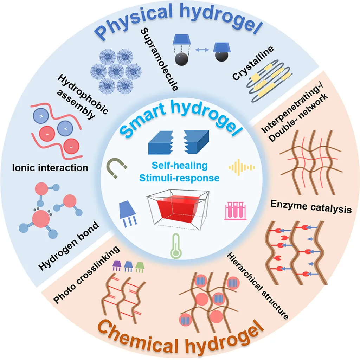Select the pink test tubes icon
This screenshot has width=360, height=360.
(232, 211)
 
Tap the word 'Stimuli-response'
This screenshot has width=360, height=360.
(179, 178)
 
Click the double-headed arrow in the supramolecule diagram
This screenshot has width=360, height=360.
(199, 51)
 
